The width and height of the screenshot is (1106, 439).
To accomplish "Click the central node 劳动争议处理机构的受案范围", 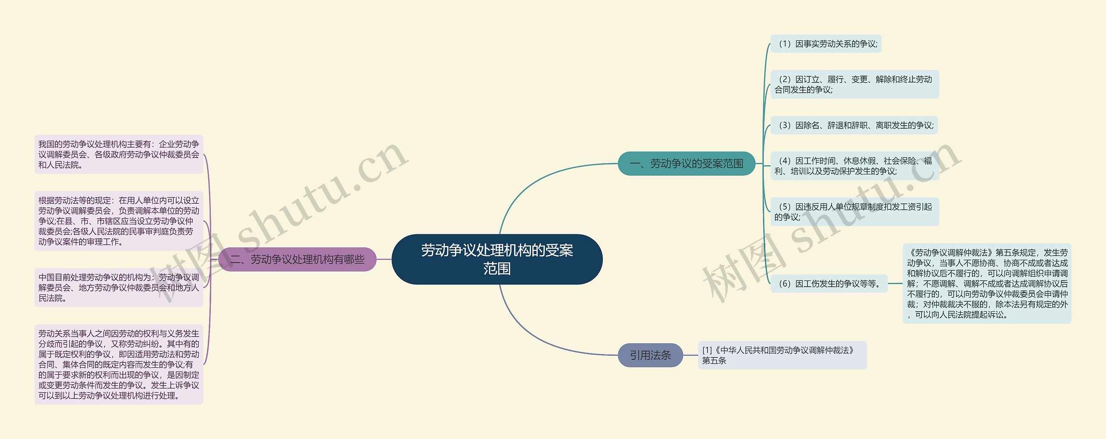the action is [497, 259].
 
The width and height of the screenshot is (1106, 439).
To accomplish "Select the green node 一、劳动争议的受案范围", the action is [686, 164].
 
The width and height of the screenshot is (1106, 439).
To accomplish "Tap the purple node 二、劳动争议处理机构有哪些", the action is [297, 259].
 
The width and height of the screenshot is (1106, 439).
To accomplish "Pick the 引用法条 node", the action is [650, 355].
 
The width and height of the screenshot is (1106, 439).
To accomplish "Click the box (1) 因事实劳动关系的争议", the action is [826, 44].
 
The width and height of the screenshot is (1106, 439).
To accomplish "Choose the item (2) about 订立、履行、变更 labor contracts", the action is [854, 84].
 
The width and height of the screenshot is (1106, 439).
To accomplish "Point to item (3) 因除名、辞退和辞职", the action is [854, 125].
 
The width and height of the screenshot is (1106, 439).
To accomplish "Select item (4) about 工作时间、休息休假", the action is [854, 166].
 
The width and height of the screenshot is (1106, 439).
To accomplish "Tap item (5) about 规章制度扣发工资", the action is [854, 212].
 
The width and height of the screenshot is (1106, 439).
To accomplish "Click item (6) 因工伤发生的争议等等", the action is [829, 284].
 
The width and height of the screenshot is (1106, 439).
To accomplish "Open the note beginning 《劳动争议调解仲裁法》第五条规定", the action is [987, 284].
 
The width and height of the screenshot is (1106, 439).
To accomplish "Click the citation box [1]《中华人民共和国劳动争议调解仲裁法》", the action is [782, 355].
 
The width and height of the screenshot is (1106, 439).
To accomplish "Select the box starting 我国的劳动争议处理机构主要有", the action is [119, 155].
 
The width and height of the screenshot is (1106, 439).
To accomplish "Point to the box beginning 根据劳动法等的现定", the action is [119, 221].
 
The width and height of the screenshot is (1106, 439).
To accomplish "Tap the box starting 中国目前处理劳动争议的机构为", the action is [119, 287].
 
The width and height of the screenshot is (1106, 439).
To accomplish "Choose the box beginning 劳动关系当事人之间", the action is [119, 364].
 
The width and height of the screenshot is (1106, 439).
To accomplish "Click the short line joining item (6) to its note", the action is [895, 284].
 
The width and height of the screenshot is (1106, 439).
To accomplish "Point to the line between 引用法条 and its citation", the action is [690, 355].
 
